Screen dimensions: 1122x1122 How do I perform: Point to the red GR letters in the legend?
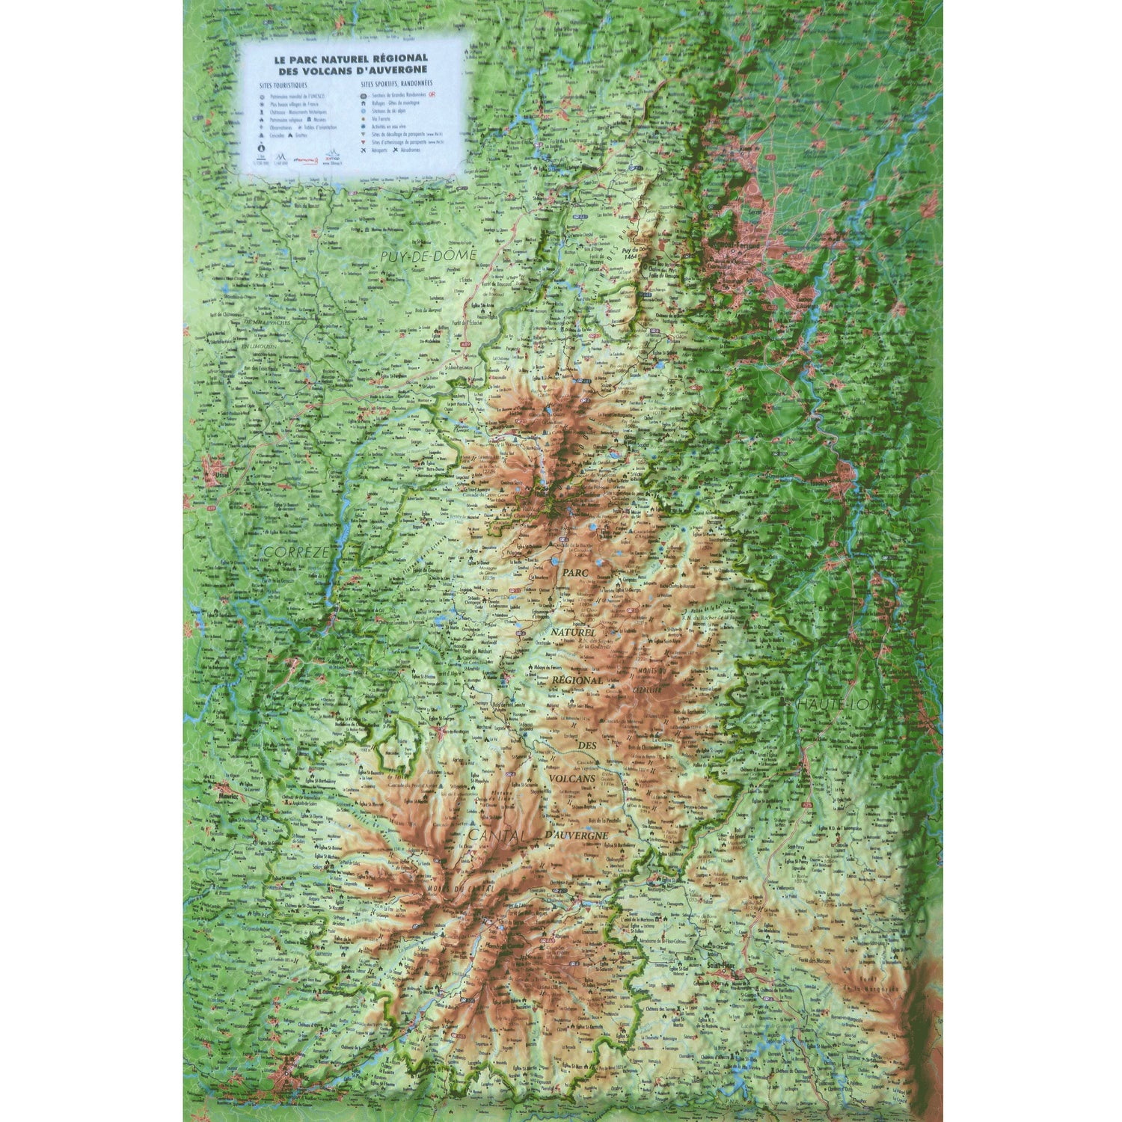(432, 96)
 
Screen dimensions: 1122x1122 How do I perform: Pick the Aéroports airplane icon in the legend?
(363, 149)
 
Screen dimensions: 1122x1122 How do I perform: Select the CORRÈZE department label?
(283, 553)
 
